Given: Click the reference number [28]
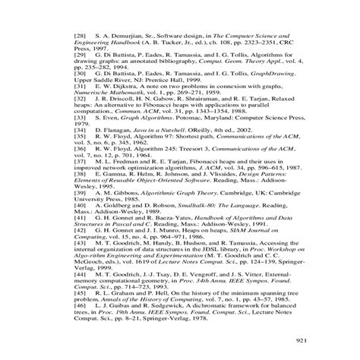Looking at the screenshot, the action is point(79,36).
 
